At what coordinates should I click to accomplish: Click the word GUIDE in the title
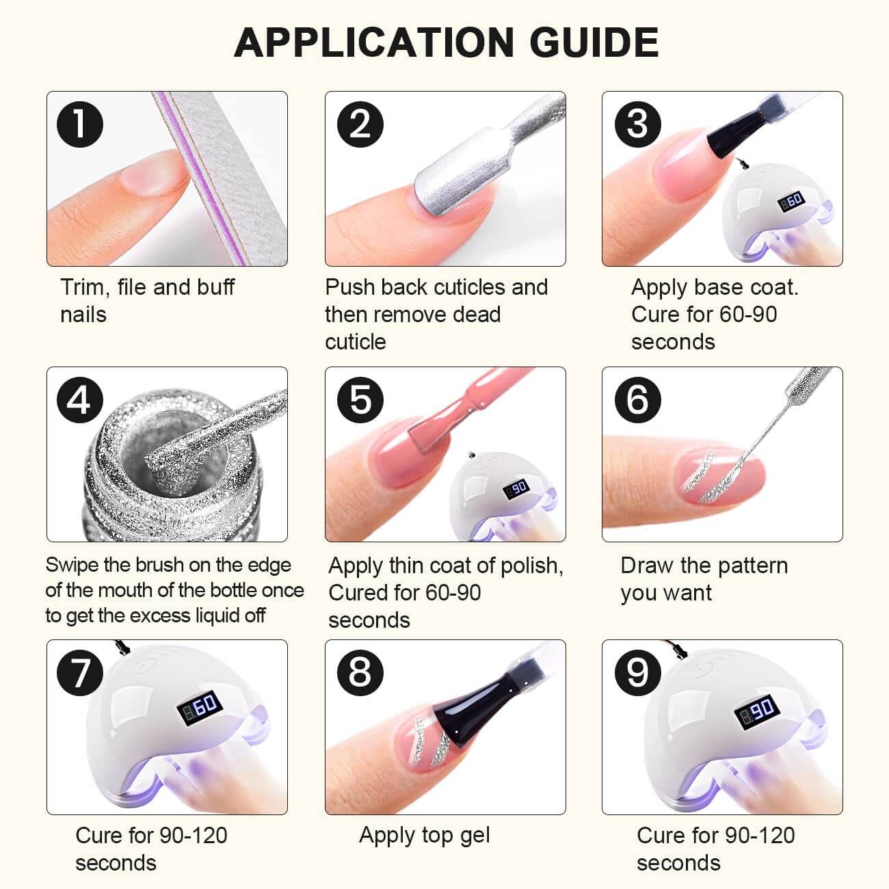(594, 42)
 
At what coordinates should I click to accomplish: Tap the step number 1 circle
(80, 124)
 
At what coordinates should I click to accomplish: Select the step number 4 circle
(80, 400)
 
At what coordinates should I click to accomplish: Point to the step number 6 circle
(637, 400)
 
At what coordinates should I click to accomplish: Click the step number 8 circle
(360, 672)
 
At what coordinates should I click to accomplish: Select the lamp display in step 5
(516, 488)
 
